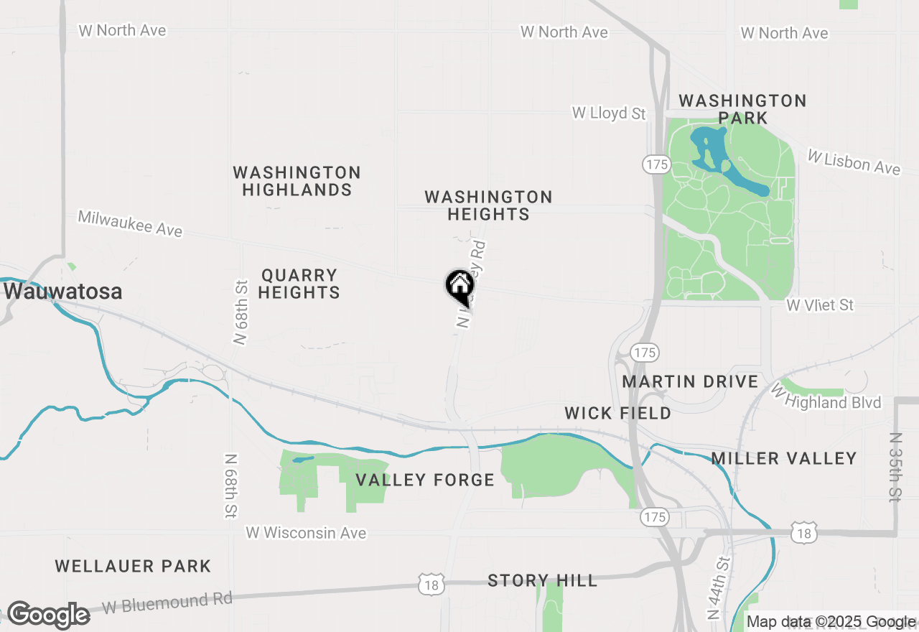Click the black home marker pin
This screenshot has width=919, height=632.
(x=459, y=286)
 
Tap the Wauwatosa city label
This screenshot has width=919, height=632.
(x=62, y=292)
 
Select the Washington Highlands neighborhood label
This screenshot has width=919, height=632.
(x=297, y=181)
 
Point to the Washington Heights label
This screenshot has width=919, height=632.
(x=488, y=205)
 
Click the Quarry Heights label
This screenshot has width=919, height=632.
(x=299, y=284)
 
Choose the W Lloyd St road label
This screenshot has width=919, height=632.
(x=609, y=113)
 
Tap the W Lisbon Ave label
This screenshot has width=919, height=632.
(x=854, y=162)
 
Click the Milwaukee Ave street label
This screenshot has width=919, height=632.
(x=130, y=223)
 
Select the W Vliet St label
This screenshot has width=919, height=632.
(x=820, y=305)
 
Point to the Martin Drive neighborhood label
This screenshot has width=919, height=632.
(x=690, y=381)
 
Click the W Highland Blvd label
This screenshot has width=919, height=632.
(x=826, y=398)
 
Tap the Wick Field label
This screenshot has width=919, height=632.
(x=617, y=413)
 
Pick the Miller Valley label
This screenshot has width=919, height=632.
(x=784, y=458)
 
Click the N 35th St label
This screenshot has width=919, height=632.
(x=895, y=467)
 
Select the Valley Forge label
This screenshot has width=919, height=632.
(x=425, y=480)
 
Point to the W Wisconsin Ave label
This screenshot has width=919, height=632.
(x=306, y=533)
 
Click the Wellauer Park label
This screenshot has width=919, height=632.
(x=133, y=566)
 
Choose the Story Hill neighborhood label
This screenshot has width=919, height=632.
(x=542, y=580)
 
